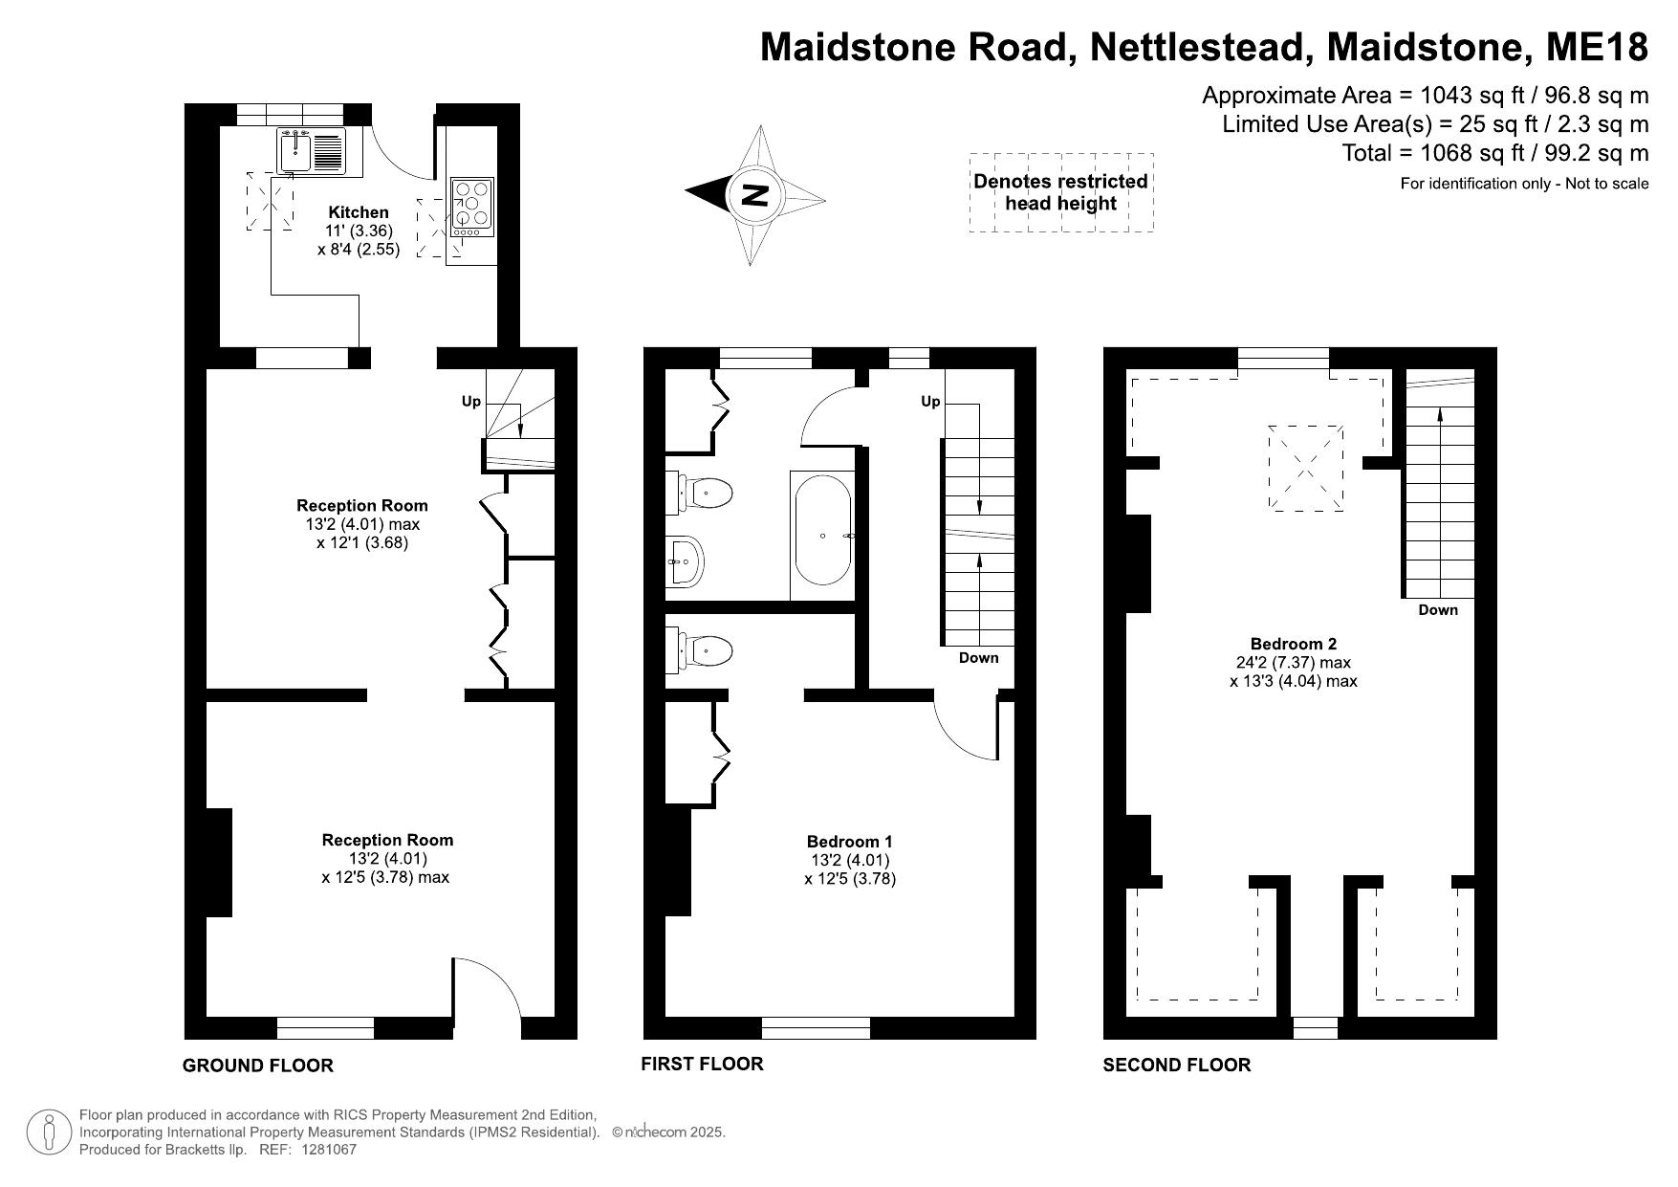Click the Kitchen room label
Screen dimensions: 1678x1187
[x=359, y=212]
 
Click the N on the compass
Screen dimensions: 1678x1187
[x=755, y=195]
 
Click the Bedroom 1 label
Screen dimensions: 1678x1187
[x=850, y=842]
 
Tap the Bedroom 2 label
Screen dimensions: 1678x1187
[x=1294, y=644]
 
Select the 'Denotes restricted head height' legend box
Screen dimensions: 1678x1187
[x=1061, y=192]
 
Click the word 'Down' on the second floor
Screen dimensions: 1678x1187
[x=1438, y=610]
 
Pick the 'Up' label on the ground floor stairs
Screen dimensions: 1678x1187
[x=471, y=402]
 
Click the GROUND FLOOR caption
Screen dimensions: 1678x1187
[x=258, y=1066]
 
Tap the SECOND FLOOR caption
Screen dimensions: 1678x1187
[x=1177, y=1066]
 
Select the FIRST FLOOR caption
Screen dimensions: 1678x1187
[x=702, y=1064]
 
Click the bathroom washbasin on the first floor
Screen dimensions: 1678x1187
[x=686, y=561]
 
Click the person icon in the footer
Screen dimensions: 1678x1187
[x=49, y=1132]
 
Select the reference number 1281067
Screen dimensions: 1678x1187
[x=329, y=1150]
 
